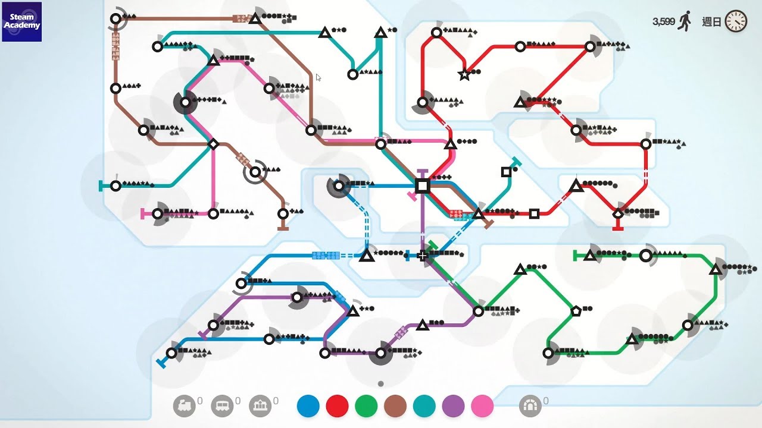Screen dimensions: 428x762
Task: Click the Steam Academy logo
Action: click(x=22, y=22)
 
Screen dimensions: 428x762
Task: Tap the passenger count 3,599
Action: click(x=663, y=21)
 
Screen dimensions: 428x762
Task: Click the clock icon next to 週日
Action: click(x=736, y=21)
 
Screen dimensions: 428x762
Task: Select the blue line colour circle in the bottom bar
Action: click(x=308, y=406)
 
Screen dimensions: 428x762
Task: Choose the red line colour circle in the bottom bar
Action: click(x=338, y=406)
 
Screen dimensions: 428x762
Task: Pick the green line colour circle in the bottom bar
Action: click(x=366, y=406)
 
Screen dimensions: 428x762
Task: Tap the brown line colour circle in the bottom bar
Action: click(x=395, y=406)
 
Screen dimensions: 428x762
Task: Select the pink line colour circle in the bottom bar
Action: click(x=482, y=406)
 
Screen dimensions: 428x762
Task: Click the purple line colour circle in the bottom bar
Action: click(x=454, y=406)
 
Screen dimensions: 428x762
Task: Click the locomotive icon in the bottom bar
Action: click(x=184, y=406)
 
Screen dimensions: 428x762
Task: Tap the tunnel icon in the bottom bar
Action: click(x=530, y=406)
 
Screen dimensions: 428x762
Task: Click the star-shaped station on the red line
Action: click(x=464, y=75)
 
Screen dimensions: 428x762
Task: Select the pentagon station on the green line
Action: click(x=576, y=310)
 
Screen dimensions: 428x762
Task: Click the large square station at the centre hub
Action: click(x=422, y=186)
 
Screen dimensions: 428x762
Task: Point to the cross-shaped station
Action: click(x=423, y=256)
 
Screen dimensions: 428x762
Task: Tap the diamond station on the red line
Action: click(x=618, y=213)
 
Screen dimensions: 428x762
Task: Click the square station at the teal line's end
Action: click(x=506, y=172)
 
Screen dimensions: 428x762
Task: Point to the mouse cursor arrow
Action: click(x=318, y=77)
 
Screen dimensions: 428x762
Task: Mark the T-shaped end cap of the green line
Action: click(x=575, y=256)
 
